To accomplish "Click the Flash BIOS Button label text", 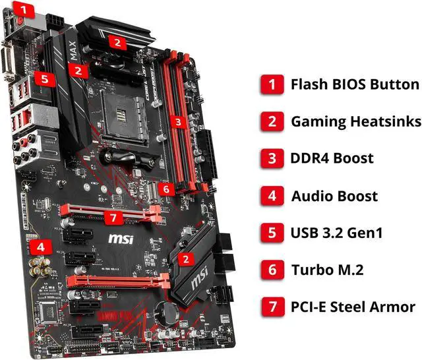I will click(355, 84).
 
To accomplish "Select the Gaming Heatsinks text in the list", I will click(355, 122).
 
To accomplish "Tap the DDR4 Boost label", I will click(332, 159).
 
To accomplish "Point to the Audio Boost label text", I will click(334, 196).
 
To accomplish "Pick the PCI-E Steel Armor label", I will click(353, 307).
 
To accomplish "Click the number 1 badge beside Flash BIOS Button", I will click(271, 84).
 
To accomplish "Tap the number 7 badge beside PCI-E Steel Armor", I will click(271, 307).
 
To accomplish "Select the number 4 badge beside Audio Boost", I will click(271, 196).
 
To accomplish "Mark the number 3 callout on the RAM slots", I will click(177, 121).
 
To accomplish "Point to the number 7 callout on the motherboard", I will click(113, 217).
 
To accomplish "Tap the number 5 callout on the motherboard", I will click(44, 78).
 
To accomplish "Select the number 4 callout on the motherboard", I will click(42, 248).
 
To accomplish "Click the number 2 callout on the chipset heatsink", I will click(187, 258).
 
